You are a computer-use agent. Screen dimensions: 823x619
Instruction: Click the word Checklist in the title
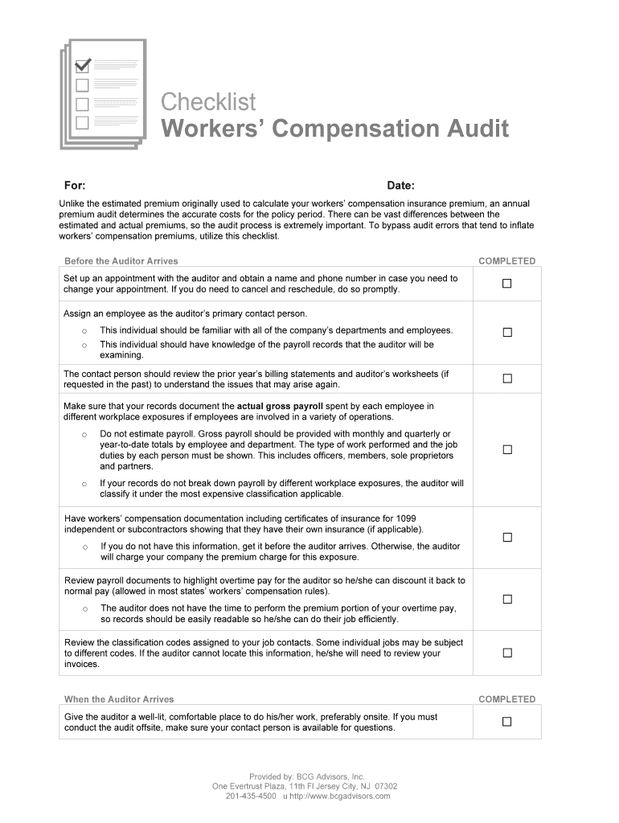tap(208, 102)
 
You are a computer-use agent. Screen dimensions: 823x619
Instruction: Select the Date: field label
tap(400, 186)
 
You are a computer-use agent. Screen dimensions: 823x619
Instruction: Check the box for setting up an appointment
tap(506, 284)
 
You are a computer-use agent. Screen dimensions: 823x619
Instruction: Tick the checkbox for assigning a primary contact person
tap(506, 333)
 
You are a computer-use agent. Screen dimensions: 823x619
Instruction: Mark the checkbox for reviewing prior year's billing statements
tap(506, 379)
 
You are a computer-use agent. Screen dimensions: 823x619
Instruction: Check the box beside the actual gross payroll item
tap(506, 449)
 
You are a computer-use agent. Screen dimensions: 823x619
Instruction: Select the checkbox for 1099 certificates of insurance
tap(506, 538)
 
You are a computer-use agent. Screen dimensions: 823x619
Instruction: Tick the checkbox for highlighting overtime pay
tap(506, 599)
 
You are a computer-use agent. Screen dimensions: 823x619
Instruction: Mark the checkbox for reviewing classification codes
tap(506, 653)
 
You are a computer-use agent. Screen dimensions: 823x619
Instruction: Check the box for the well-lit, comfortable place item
tap(506, 722)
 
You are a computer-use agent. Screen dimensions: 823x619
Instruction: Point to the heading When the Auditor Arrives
tap(119, 699)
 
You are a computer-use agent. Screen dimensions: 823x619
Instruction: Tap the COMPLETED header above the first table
tap(506, 261)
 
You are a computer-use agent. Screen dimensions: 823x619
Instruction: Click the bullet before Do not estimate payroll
tap(84, 434)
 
